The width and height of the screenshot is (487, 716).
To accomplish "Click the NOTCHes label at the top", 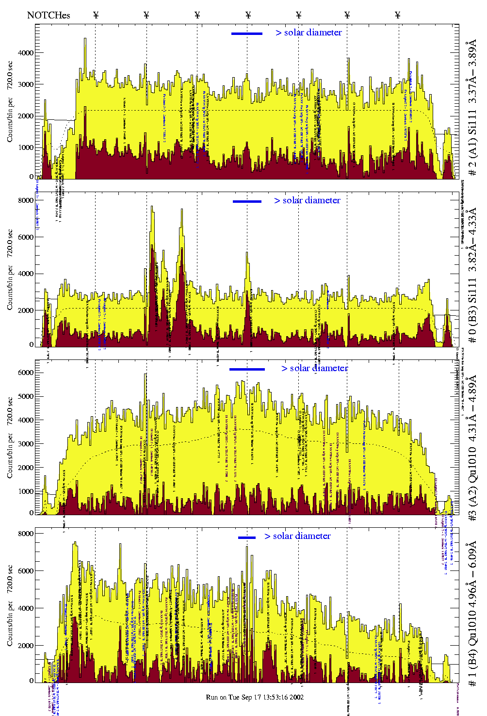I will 49,15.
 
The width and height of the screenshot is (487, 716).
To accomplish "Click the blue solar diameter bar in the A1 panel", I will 247,33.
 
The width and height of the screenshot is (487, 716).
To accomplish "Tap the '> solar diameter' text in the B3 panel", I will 307,200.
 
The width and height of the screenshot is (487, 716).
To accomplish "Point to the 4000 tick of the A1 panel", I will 25,52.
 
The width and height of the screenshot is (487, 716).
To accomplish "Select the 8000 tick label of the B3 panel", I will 25,200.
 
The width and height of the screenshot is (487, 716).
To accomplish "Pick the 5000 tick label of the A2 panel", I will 25,396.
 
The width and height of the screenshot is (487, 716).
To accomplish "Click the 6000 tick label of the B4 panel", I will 25,571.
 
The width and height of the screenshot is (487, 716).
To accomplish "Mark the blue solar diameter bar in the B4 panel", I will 247,537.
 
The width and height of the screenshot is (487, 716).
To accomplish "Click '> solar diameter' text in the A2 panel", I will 314,368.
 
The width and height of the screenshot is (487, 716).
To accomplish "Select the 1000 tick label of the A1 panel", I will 25,147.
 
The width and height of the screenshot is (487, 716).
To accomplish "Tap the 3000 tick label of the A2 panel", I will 25,444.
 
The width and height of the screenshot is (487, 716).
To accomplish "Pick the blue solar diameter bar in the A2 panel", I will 247,370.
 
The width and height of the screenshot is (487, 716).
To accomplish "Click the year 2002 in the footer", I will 296,697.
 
